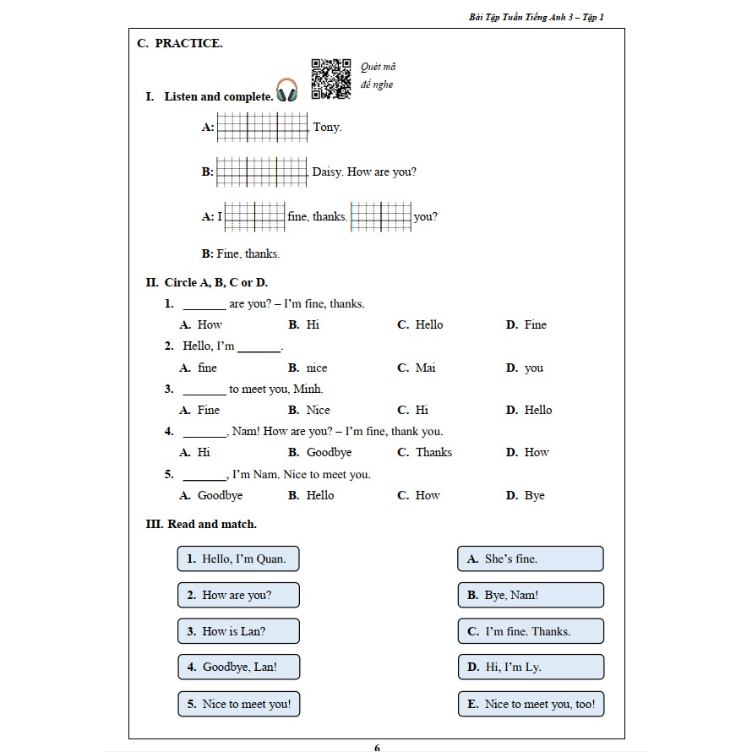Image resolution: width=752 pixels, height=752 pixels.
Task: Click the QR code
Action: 331,79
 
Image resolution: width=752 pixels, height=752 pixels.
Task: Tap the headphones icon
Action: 287,90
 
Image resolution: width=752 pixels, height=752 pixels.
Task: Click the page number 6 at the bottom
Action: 377,747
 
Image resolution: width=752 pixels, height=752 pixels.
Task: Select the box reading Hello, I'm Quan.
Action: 238,559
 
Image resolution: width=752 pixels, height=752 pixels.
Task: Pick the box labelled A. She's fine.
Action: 530,559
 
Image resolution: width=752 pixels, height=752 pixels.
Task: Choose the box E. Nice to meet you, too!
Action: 530,704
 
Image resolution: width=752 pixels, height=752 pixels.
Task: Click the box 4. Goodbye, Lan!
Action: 238,667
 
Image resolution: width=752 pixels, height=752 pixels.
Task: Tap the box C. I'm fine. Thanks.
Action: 530,631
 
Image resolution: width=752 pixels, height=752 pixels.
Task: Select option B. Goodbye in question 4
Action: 320,452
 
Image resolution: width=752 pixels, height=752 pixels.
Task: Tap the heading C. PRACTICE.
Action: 180,44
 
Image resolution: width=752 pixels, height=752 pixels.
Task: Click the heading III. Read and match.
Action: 202,524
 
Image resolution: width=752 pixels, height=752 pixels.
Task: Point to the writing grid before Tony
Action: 263,128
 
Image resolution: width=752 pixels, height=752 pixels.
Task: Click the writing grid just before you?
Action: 381,216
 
